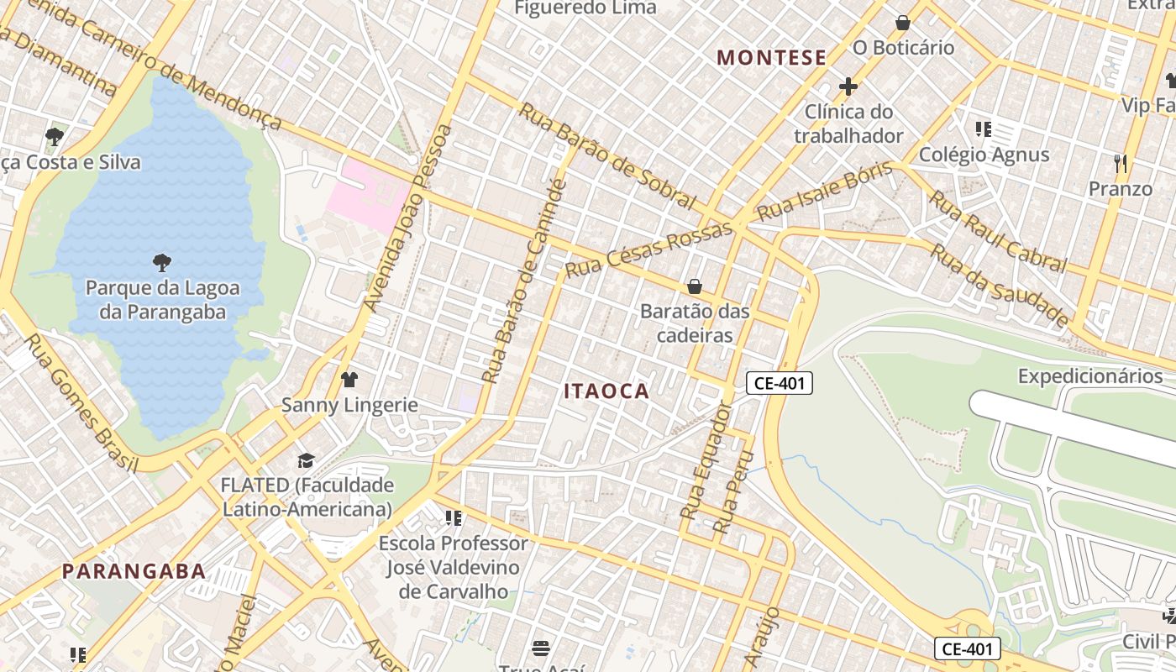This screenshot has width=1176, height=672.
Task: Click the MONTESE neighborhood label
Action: (772, 57)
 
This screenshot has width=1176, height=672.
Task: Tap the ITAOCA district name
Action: (606, 391)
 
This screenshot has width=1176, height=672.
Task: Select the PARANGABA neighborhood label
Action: (134, 571)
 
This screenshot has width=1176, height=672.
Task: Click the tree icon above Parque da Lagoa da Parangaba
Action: (161, 263)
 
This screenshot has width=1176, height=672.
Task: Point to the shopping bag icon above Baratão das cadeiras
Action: (695, 286)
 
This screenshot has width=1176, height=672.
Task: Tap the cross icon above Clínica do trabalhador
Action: (848, 87)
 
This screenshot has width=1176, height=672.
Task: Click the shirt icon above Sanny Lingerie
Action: (349, 380)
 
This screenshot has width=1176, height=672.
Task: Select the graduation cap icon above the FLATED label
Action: (306, 460)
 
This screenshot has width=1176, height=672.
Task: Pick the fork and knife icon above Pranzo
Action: (1120, 163)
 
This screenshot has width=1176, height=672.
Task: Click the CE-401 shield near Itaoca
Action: (780, 384)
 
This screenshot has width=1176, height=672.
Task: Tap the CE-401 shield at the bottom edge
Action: (968, 648)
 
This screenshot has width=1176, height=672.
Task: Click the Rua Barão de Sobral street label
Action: (607, 155)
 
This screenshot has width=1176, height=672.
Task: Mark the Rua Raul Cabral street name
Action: (996, 230)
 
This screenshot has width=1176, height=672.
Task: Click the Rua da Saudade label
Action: (1000, 286)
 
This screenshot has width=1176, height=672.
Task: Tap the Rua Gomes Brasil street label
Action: (81, 403)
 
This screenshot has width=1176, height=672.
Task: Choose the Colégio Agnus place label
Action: (984, 155)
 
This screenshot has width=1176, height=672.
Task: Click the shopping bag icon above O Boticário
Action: (903, 23)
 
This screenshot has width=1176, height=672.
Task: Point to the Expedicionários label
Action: (1090, 375)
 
